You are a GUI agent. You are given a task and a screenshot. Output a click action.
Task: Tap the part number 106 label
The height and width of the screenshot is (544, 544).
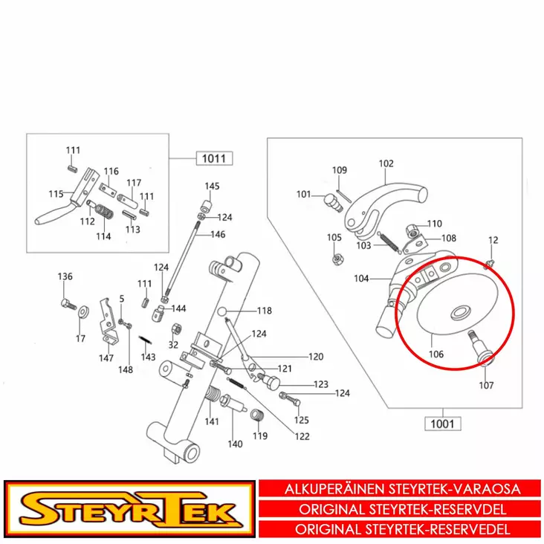[x=435, y=354]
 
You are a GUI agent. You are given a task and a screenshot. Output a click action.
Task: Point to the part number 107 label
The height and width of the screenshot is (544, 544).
[x=485, y=386]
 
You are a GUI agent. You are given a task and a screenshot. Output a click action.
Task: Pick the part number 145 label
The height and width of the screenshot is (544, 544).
[x=213, y=186]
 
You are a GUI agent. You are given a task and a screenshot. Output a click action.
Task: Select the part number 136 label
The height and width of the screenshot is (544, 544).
[x=65, y=277]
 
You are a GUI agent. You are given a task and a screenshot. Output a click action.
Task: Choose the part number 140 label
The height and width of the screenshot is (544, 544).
[x=235, y=444]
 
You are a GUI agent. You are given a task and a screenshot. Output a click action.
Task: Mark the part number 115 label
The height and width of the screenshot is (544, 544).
[x=56, y=194]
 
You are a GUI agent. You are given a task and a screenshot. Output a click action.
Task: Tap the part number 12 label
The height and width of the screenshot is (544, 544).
[x=492, y=240]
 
